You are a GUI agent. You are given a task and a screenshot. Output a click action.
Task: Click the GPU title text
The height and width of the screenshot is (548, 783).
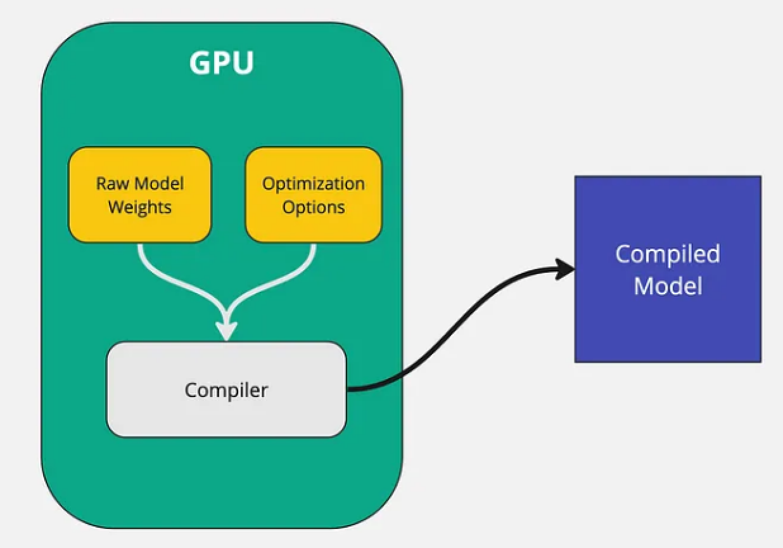click(x=221, y=63)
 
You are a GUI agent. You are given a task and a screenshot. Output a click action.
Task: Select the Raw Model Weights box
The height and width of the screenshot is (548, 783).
click(x=139, y=195)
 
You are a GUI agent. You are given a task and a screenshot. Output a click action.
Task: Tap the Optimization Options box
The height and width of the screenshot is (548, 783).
click(x=314, y=195)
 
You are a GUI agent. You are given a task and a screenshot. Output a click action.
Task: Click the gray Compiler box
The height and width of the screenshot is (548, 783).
click(x=226, y=389)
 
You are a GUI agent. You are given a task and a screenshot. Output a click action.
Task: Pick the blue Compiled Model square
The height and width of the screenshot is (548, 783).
click(x=668, y=269)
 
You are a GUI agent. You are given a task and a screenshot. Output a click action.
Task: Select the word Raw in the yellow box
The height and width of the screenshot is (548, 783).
click(x=108, y=183)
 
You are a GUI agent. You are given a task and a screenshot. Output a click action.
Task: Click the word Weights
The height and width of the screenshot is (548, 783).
click(x=139, y=207)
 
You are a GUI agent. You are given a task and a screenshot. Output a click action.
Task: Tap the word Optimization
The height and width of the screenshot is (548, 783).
click(x=314, y=183)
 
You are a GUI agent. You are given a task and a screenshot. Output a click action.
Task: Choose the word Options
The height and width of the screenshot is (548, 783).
click(x=314, y=207)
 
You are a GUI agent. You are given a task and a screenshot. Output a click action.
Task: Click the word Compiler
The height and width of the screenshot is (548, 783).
click(x=226, y=389)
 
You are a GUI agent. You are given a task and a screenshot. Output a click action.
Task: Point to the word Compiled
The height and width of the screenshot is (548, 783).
click(x=668, y=254)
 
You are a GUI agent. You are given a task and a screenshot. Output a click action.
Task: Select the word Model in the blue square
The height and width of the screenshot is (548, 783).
click(x=668, y=285)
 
